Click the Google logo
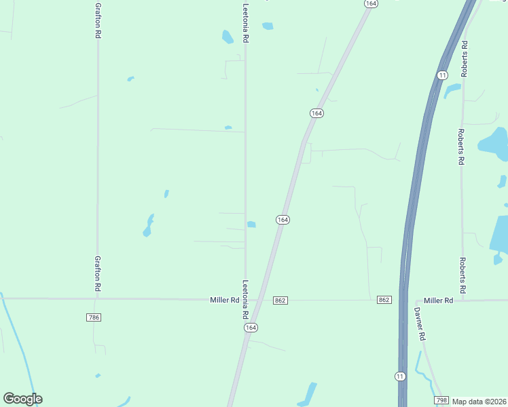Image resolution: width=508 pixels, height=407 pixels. [x=22, y=399]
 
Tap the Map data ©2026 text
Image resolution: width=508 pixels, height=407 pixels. [x=479, y=402]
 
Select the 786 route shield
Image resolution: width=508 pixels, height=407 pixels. [x=94, y=317]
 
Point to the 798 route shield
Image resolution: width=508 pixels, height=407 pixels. [x=442, y=400]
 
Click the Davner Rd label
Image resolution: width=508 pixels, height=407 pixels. [x=420, y=324]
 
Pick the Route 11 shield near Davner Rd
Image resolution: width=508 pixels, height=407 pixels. [x=400, y=376]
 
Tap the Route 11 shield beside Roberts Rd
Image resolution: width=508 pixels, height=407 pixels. [x=442, y=75]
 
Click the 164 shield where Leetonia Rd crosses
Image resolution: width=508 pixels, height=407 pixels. [x=251, y=327]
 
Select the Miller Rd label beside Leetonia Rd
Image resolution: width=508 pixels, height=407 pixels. [x=225, y=300]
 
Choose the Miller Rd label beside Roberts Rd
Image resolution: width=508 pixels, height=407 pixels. [x=438, y=300]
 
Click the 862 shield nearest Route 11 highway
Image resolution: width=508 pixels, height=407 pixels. [x=384, y=300]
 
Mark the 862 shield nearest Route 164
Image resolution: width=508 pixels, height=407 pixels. [x=280, y=300]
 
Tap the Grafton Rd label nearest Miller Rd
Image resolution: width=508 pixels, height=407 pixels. [x=98, y=273]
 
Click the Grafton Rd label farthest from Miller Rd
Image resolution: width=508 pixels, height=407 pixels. [x=98, y=22]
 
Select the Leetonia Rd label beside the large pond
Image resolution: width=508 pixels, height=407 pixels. [x=246, y=22]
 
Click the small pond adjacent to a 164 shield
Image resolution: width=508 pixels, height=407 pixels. [x=251, y=225]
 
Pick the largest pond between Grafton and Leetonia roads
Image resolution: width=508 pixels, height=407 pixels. [x=148, y=225]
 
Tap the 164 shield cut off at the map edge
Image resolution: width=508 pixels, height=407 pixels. [x=370, y=3]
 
